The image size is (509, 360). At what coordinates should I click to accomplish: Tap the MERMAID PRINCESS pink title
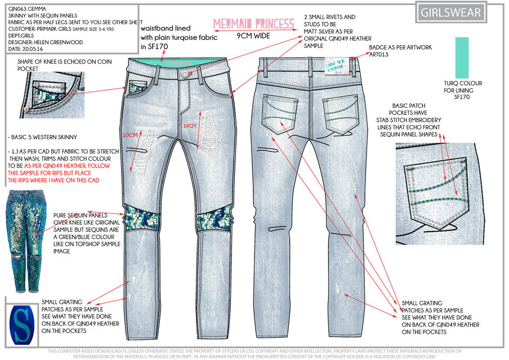point(254,24)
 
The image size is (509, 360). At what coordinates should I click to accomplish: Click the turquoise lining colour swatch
point(462,58)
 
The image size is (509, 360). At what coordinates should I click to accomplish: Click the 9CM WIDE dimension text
point(254,35)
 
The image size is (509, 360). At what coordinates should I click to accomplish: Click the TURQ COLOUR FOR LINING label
point(463,90)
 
